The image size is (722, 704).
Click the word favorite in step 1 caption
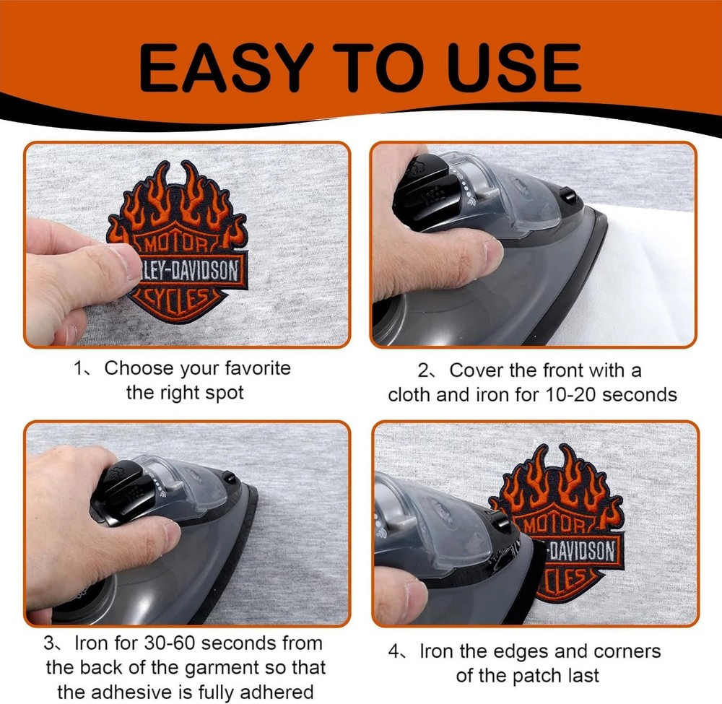[x=258, y=368]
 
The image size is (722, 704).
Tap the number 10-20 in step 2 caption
[x=570, y=395]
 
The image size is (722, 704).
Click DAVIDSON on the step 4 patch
[x=583, y=550]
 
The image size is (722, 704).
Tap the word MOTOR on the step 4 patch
[x=552, y=523]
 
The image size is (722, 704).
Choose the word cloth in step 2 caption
[x=409, y=395]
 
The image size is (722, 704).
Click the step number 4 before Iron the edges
[x=393, y=652]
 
